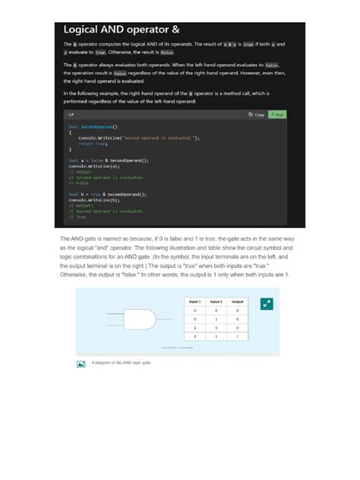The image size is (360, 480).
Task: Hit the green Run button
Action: coord(277,115)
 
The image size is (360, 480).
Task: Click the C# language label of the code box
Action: coord(71,115)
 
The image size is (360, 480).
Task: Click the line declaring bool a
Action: coord(109,161)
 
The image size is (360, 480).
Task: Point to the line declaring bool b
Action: coord(107,194)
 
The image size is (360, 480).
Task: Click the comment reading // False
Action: coord(79,183)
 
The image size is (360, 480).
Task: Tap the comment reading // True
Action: coord(77,216)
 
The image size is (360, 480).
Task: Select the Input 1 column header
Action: coord(195,302)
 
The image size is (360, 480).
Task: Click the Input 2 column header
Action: coord(216,302)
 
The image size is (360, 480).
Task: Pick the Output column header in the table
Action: coord(238,302)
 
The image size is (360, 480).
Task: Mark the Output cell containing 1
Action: coord(238,335)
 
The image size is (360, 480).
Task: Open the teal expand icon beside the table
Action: coord(266,304)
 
